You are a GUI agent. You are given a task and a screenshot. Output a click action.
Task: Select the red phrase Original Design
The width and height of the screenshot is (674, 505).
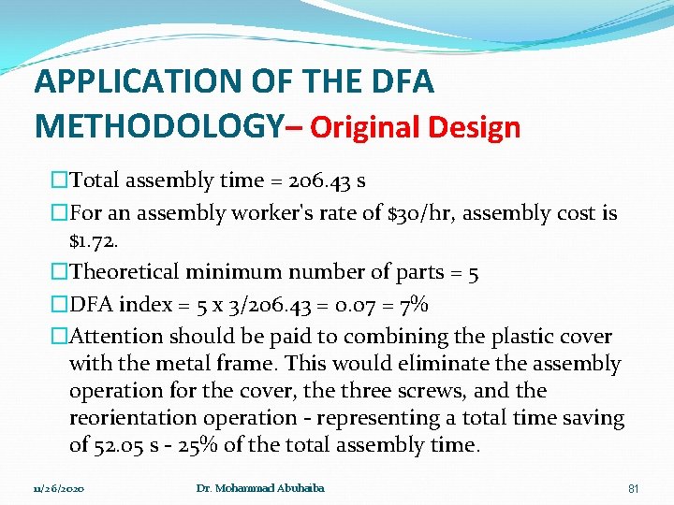415,127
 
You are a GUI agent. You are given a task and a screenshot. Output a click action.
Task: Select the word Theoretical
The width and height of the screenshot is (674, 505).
125,273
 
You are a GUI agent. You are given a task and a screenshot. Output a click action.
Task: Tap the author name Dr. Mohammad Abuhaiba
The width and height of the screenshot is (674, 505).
260,488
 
